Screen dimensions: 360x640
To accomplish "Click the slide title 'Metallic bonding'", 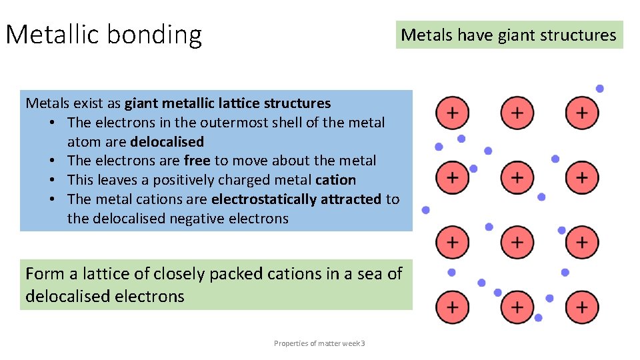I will point(103,34).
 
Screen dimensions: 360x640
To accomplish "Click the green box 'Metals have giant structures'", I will point(509,35).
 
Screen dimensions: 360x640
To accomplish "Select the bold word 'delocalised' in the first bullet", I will point(167,142).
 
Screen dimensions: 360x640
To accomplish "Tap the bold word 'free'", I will point(197,161).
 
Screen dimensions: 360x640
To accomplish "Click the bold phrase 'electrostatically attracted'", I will point(296,199).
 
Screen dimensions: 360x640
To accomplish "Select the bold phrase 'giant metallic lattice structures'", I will point(227,103).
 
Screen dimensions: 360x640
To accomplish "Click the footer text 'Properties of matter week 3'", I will point(319,343).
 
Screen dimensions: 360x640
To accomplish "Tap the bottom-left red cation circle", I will point(452,307).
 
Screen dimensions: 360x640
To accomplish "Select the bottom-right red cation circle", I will point(582,307).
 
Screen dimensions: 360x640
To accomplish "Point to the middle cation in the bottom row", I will point(517,307).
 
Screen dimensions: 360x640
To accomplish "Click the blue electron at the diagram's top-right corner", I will point(600,89).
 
